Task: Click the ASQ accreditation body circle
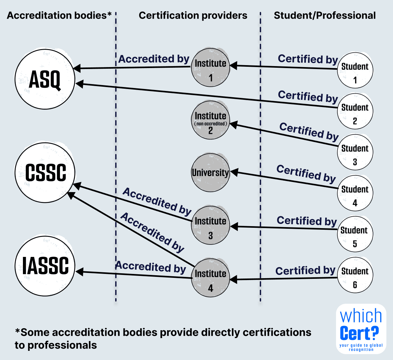[45, 79]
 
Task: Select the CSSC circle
[45, 172]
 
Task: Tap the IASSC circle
[45, 266]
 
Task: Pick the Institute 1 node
[210, 68]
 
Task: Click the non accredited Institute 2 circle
[210, 120]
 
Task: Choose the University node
[210, 172]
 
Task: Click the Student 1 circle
[355, 70]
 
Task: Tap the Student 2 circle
[355, 111]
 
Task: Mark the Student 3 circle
[355, 152]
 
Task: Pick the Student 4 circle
[355, 193]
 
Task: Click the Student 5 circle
[355, 234]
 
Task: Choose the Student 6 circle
[355, 275]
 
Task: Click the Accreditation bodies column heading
[59, 15]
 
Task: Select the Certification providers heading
[193, 15]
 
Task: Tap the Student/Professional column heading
[325, 15]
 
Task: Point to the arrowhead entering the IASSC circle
[79, 272]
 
